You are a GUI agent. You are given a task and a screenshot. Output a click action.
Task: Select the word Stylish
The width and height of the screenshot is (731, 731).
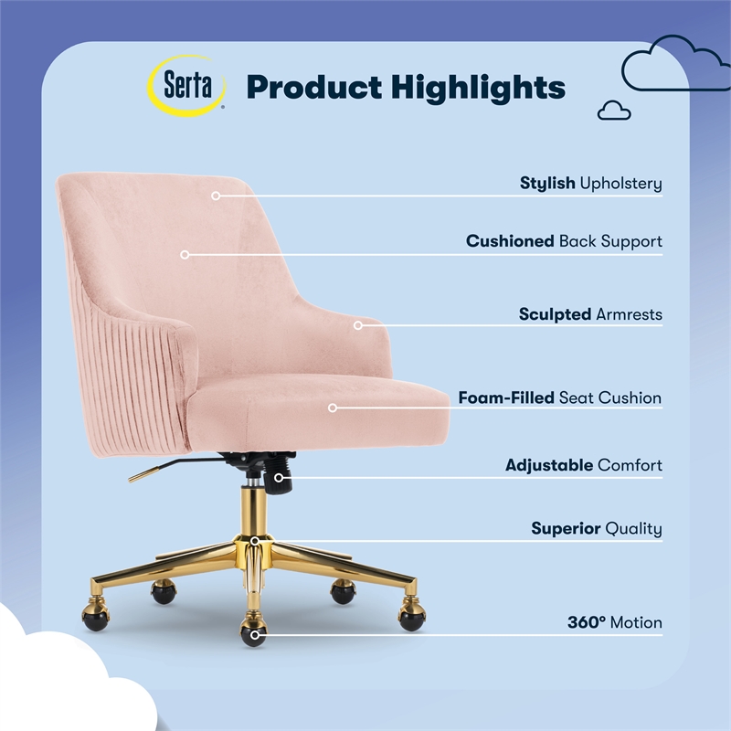click(x=547, y=184)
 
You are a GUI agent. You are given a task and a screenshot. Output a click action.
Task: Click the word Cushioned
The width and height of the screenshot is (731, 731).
click(x=510, y=242)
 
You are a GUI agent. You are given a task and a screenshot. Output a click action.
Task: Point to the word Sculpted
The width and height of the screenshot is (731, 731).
click(x=555, y=314)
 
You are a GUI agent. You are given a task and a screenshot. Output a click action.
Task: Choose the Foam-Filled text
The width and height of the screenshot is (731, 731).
click(x=505, y=398)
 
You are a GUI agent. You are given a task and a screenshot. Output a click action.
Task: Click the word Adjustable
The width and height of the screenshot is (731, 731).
click(x=549, y=466)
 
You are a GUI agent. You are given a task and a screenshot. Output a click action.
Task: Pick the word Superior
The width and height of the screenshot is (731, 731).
click(x=566, y=529)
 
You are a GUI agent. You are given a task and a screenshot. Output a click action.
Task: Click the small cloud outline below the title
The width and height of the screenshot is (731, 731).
click(x=614, y=111)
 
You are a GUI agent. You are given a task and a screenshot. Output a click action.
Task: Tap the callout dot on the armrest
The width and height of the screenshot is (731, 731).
click(x=358, y=324)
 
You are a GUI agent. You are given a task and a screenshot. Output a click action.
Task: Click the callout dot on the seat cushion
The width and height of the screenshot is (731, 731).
click(x=333, y=408)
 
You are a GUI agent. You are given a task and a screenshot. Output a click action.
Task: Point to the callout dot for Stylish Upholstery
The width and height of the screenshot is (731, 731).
click(x=217, y=195)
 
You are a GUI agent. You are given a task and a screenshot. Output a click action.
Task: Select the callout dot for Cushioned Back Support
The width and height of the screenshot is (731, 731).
click(x=185, y=254)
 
